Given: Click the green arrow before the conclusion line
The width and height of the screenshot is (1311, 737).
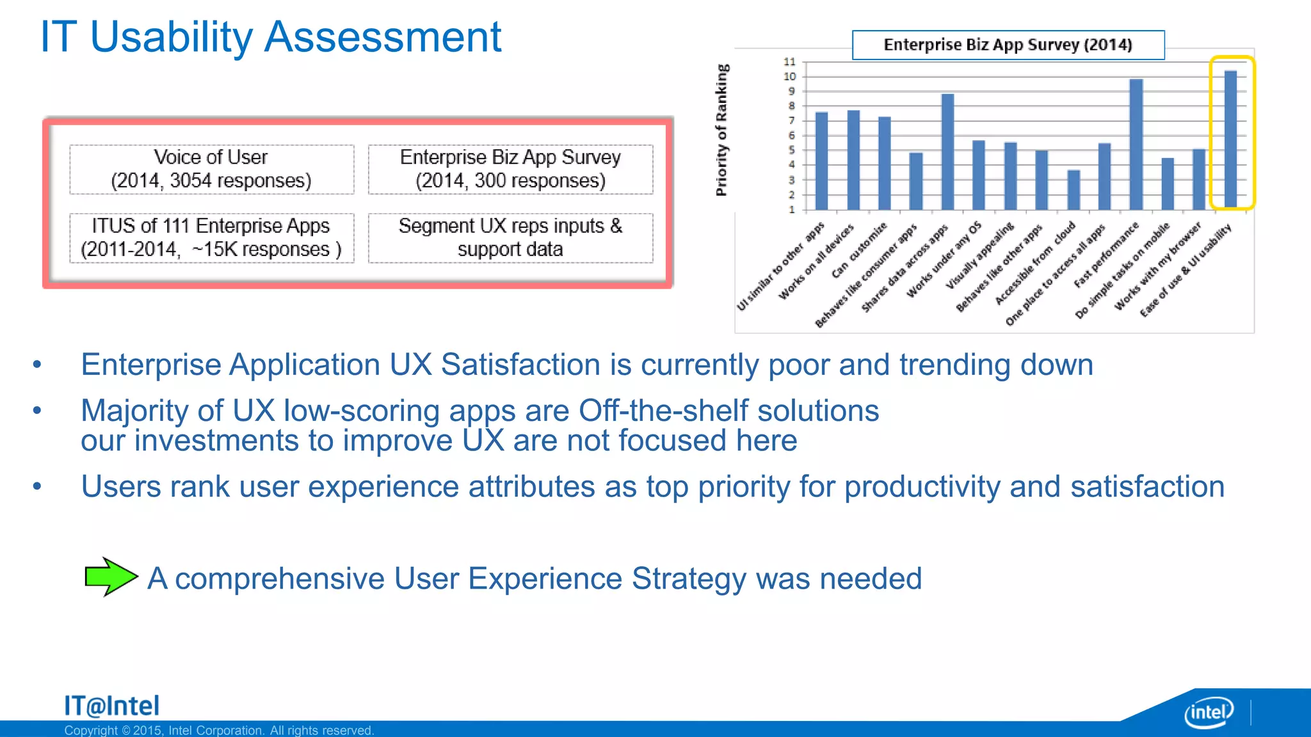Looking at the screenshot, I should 110,576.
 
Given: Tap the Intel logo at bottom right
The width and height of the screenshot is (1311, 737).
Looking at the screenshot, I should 1209,711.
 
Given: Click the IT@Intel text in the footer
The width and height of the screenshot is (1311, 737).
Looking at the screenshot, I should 111,706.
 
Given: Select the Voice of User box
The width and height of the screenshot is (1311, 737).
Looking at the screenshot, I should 211,169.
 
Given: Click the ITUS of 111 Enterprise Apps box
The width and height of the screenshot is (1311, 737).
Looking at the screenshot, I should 211,237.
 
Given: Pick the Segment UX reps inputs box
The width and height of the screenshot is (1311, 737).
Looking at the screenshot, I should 510,237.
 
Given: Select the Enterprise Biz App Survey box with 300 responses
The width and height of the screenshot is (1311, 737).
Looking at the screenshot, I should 510,169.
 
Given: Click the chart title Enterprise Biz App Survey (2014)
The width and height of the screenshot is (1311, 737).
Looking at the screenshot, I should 1008,45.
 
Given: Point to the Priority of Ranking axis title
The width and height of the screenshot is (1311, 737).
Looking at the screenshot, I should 722,130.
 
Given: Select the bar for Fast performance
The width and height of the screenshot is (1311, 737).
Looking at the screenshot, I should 1136,145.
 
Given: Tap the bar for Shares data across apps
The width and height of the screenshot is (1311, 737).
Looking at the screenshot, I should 948,152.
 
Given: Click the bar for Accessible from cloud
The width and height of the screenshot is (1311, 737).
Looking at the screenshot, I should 1074,190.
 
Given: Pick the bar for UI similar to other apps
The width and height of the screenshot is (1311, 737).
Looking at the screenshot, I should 822,161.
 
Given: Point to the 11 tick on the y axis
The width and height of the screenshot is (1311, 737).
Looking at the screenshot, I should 790,62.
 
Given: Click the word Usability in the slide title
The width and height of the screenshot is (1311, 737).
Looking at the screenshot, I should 171,37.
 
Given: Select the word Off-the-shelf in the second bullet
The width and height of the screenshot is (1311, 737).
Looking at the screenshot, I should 663,411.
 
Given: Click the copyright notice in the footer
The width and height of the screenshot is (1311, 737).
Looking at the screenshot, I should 219,730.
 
